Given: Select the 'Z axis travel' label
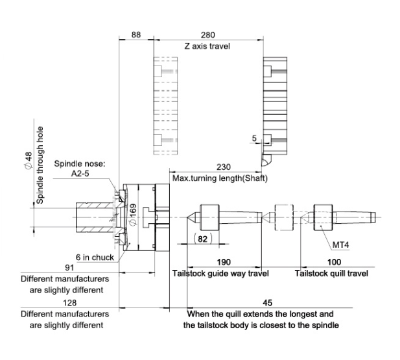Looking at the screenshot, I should pos(207,46).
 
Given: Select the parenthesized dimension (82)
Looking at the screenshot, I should pos(204,239).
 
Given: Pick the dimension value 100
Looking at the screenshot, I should pos(331,261).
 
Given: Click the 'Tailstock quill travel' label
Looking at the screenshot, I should pos(331,273).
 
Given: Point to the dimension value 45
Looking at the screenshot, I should pos(268,300).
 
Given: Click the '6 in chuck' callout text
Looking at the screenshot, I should pos(95,257).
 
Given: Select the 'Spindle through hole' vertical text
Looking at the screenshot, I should pos(40,166).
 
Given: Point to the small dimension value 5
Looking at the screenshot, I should pos(255,137).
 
